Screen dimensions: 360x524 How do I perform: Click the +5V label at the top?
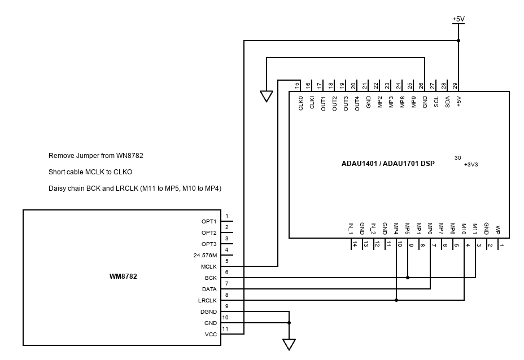(458, 19)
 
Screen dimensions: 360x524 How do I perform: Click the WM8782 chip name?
(123, 277)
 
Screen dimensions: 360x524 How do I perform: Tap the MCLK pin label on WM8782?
(208, 266)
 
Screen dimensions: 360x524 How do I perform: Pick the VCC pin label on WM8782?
(210, 334)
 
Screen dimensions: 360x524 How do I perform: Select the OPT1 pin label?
(209, 221)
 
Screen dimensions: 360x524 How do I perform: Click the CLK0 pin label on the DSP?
(300, 104)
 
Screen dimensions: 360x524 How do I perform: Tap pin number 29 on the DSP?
(455, 86)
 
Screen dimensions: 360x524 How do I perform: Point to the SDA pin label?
(447, 103)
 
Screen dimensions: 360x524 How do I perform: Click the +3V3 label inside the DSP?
(471, 165)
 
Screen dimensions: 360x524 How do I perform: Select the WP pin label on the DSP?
(497, 230)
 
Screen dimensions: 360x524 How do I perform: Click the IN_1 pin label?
(350, 229)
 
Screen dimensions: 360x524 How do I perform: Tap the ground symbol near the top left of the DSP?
(267, 96)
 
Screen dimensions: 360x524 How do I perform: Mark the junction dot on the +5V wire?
(459, 41)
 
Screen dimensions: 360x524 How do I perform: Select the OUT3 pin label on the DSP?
(346, 103)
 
